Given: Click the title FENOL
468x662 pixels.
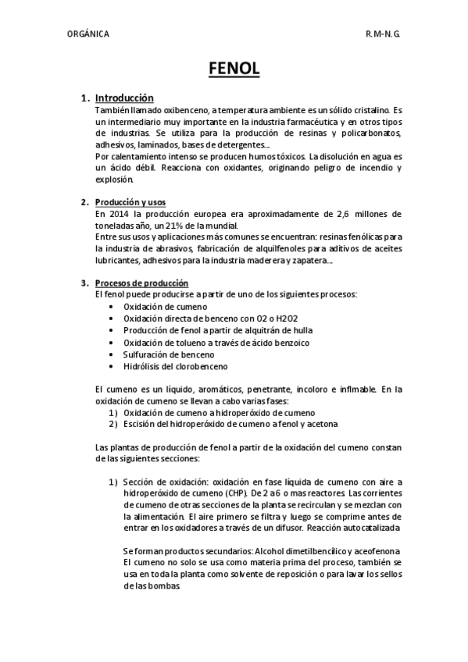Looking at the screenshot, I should point(234,70).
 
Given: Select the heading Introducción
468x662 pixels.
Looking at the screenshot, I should point(124,98).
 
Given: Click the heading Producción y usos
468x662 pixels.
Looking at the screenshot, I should point(130,202).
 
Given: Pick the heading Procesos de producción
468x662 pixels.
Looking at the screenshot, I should point(141,282).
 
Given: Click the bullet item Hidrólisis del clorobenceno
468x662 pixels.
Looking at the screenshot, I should point(175,365).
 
